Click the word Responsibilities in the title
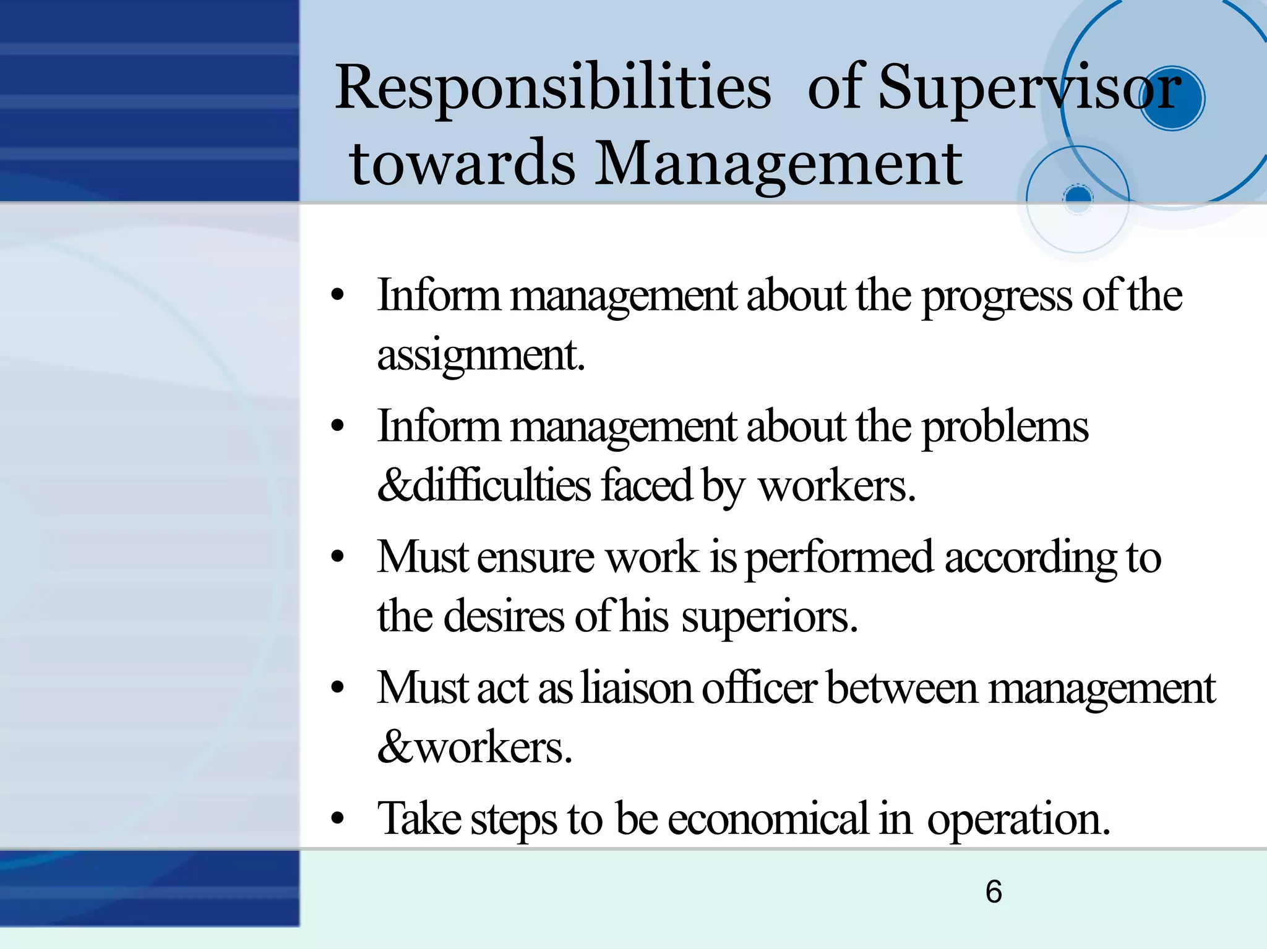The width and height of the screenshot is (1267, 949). tap(552, 88)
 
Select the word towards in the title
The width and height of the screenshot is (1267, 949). tap(462, 164)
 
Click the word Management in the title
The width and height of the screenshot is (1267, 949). tap(778, 164)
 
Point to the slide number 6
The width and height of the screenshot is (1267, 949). tap(994, 892)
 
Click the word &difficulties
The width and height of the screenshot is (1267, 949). tap(484, 486)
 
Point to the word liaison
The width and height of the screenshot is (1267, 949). tap(636, 688)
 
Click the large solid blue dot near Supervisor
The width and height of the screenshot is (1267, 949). tap(1171, 99)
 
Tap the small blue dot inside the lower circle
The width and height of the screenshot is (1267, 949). tap(1078, 197)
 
